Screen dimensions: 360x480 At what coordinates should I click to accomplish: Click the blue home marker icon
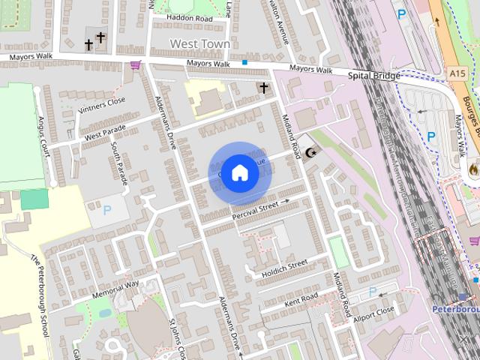coord(239,173)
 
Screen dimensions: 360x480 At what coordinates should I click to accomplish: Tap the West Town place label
coord(199,43)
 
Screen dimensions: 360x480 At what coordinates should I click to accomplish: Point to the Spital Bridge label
coord(374,76)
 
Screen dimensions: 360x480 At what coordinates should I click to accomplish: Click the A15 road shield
coord(459,73)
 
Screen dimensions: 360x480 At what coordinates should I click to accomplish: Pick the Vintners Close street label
coord(102,106)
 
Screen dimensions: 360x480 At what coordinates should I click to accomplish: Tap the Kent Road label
coord(300,299)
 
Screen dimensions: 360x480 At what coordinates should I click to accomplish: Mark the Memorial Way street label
coord(115,289)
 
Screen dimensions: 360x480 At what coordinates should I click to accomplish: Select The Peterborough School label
coord(43,287)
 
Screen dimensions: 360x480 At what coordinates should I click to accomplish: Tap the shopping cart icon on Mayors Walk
coord(135,65)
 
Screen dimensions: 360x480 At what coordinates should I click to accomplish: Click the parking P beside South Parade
coord(106,211)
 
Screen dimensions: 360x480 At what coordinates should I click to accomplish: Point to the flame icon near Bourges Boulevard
coord(472,169)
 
